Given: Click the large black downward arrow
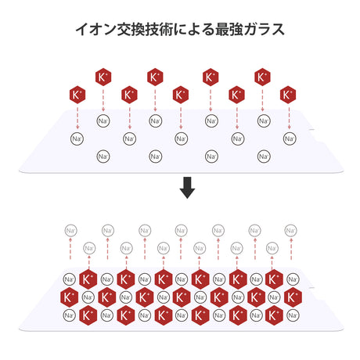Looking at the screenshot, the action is (187, 188).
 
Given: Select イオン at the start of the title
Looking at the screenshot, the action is (95, 29).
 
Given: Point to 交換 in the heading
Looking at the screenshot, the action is (131, 29).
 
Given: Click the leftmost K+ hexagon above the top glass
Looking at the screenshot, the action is (77, 95).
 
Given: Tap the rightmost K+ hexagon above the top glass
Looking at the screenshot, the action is (288, 95).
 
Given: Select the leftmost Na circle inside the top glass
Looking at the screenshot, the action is (77, 139).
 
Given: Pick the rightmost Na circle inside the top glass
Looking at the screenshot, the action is (290, 139).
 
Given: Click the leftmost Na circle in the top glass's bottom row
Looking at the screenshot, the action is (103, 157).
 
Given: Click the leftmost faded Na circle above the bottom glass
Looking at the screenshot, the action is (70, 231).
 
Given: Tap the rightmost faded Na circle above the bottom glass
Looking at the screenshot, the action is (290, 231).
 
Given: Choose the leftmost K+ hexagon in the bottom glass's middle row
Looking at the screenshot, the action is (69, 297).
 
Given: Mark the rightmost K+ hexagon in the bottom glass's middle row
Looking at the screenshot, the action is (293, 297).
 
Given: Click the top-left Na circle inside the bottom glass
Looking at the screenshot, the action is (69, 279).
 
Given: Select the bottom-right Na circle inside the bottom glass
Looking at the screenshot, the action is (293, 315).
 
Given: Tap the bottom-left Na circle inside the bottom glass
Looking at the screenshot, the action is (69, 315).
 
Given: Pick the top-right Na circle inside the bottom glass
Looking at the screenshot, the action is (293, 279).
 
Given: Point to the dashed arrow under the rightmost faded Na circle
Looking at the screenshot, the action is (291, 249).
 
